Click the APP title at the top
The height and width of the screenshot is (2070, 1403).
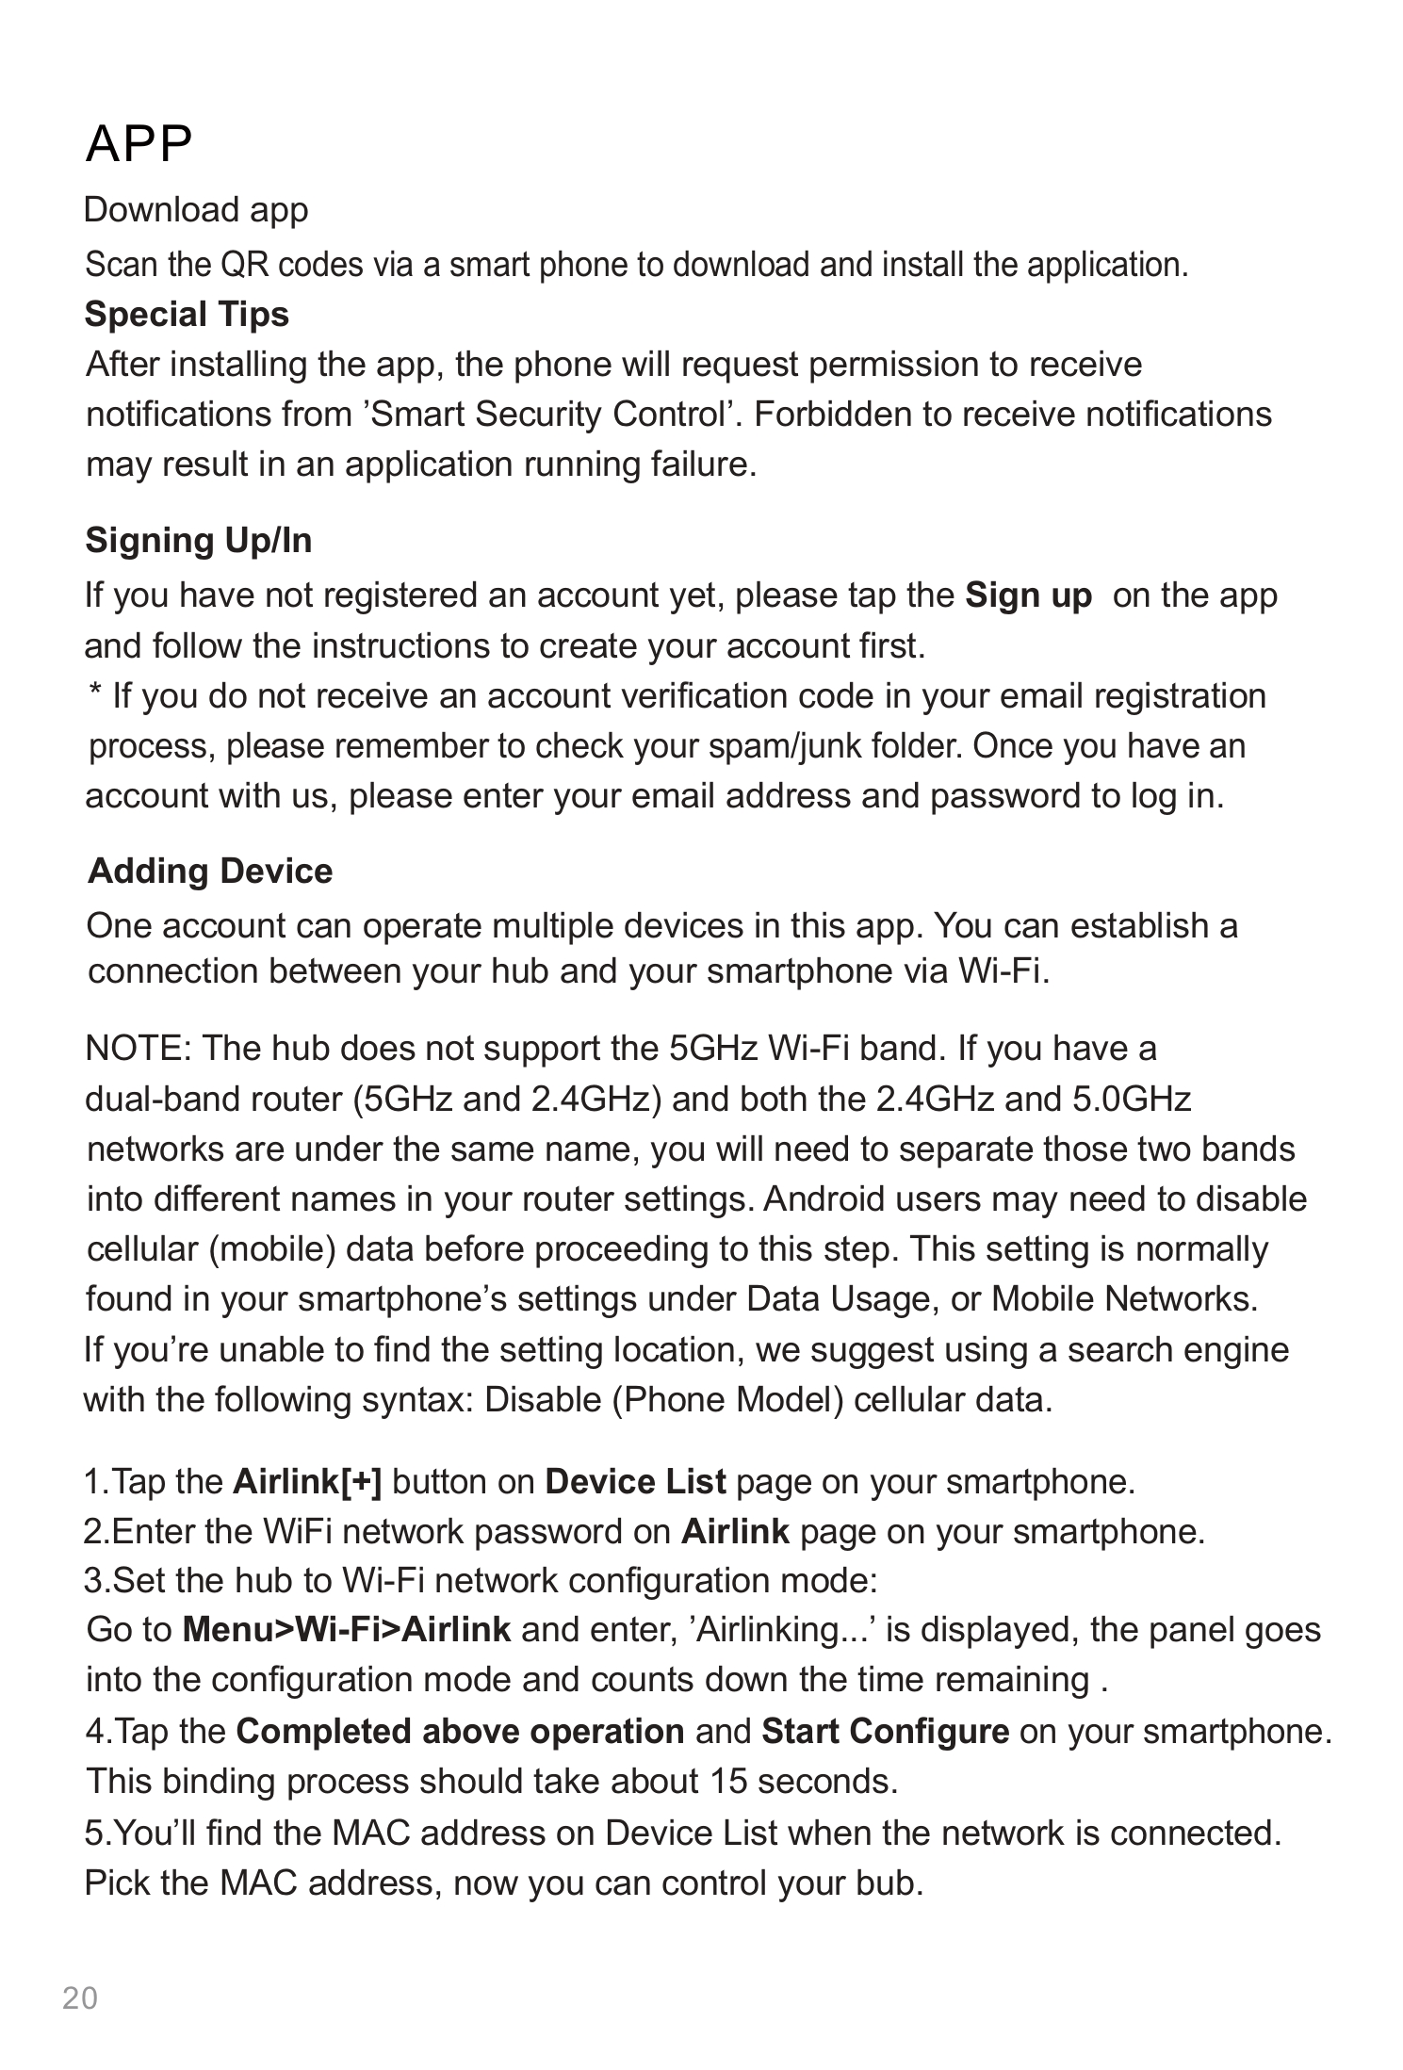(x=139, y=143)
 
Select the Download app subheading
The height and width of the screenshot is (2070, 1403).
(x=196, y=209)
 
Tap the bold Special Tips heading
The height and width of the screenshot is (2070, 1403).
(x=187, y=314)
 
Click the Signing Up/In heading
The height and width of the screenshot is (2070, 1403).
(x=199, y=541)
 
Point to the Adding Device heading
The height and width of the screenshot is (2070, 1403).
(x=210, y=871)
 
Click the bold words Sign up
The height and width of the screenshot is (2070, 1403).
(x=1029, y=595)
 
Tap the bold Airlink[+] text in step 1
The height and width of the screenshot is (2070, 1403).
(x=307, y=1482)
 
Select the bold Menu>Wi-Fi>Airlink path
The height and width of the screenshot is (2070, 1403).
(x=347, y=1629)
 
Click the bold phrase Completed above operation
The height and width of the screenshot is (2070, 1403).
(x=460, y=1731)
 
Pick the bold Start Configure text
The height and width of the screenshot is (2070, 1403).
(x=885, y=1731)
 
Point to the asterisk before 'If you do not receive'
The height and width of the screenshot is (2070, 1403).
(x=94, y=694)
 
